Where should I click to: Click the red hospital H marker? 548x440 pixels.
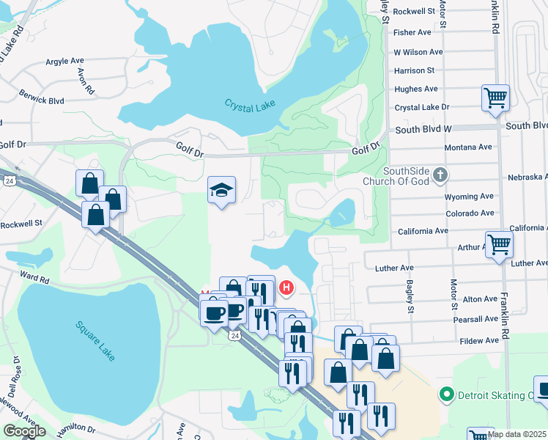point(286,288)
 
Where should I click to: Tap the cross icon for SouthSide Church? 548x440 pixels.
point(440,175)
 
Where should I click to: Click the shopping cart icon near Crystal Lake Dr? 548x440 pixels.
point(496,97)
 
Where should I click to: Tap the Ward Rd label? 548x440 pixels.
point(34,279)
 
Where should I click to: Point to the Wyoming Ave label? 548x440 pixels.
point(469,197)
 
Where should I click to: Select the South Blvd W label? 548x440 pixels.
point(424,129)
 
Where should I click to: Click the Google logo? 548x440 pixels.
point(24,431)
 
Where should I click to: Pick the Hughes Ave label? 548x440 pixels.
point(416,89)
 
